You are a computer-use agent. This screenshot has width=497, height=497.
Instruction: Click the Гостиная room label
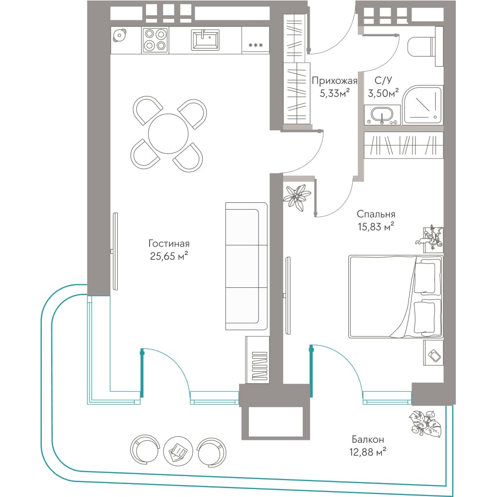click(x=169, y=244)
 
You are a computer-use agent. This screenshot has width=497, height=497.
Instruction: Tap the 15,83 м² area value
click(x=376, y=227)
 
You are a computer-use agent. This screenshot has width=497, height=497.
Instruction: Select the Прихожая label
click(x=334, y=81)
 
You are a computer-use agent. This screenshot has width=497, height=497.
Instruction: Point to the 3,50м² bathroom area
click(x=383, y=93)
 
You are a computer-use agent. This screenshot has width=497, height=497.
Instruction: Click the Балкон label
click(x=368, y=439)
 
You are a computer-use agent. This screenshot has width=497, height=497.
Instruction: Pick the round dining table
click(x=168, y=133)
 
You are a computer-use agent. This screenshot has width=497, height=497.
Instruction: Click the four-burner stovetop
click(x=155, y=40)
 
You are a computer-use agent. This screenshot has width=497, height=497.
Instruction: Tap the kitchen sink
click(x=205, y=40)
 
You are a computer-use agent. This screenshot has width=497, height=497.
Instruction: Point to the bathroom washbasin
click(x=382, y=115)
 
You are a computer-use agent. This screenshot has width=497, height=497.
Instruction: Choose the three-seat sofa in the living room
click(x=247, y=266)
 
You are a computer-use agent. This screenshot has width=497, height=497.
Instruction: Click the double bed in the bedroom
click(x=396, y=297)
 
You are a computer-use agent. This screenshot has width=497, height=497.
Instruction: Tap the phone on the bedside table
click(x=434, y=355)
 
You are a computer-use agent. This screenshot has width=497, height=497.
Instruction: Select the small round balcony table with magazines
click(x=178, y=451)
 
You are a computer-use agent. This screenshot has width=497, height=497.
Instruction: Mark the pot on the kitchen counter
click(x=119, y=35)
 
